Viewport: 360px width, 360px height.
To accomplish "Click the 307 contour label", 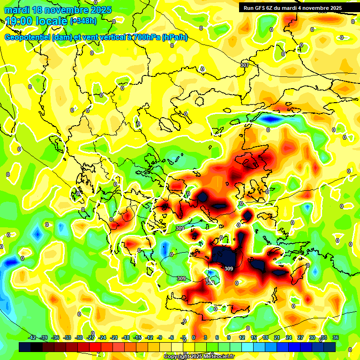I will [244, 65].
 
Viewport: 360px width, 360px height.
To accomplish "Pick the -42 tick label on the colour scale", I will [32, 337].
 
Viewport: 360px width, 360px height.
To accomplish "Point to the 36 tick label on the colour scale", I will [336, 337].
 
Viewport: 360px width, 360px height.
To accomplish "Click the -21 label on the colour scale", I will [114, 337].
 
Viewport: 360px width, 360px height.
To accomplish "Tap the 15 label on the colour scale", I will [254, 337].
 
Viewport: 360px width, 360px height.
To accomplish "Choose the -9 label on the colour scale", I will [159, 337].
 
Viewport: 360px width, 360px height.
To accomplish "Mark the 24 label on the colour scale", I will [289, 337].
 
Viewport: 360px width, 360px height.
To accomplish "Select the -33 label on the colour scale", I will [67, 337].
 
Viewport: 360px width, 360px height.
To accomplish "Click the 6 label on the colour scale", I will [217, 337].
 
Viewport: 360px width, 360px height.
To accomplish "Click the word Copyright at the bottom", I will [176, 357].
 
